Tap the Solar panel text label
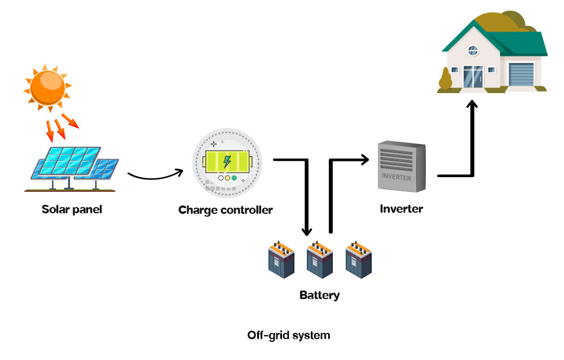[72, 209]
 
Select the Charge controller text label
[226, 210]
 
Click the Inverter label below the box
[402, 208]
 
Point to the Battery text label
[320, 295]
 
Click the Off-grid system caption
[289, 335]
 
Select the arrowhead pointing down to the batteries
[307, 230]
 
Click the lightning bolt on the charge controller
[227, 162]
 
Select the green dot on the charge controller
[234, 178]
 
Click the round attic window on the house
[473, 51]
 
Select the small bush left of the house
[446, 80]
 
